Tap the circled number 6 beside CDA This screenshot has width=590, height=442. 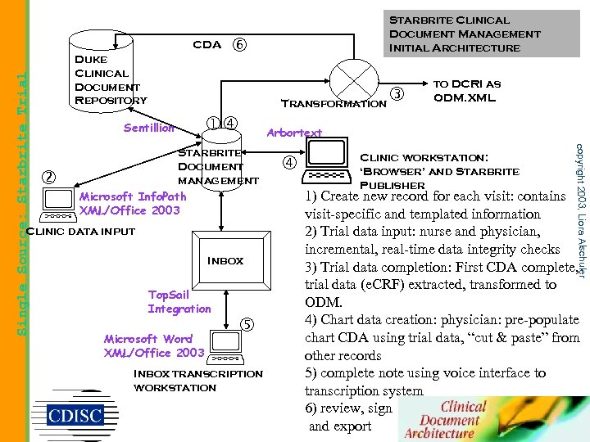(x=239, y=45)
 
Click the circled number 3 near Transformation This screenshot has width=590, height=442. (x=398, y=94)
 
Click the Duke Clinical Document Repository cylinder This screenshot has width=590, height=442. (x=111, y=70)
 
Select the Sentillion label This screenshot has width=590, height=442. (x=148, y=128)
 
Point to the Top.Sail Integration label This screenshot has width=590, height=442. (x=179, y=301)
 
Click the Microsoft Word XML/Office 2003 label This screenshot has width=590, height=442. (x=154, y=345)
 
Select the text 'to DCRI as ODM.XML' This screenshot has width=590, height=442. (x=466, y=90)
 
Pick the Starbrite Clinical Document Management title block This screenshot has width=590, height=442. (x=465, y=34)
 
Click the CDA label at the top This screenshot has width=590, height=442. (x=206, y=45)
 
